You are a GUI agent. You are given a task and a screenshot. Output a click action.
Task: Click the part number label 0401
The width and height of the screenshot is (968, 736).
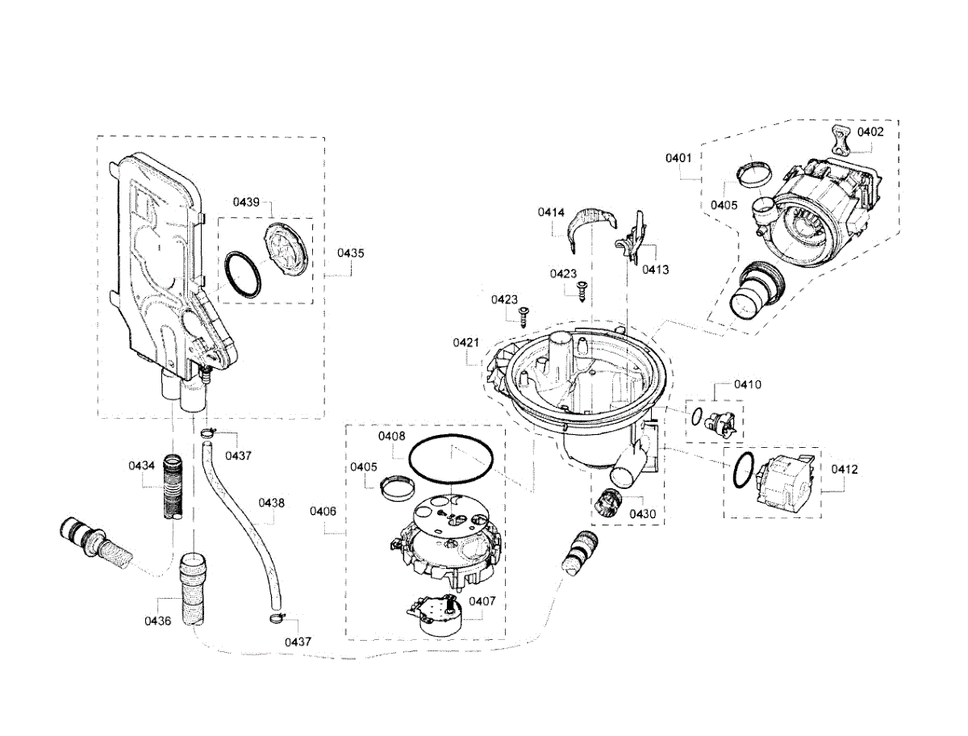pyautogui.click(x=678, y=159)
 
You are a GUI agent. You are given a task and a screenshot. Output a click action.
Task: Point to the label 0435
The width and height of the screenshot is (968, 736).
pyautogui.click(x=350, y=253)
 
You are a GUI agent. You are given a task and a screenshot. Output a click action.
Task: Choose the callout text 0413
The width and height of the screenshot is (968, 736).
pyautogui.click(x=655, y=270)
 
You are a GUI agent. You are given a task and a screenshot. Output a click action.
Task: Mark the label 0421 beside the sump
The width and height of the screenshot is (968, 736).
pyautogui.click(x=466, y=343)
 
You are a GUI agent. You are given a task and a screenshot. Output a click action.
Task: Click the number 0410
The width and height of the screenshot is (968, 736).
pyautogui.click(x=747, y=385)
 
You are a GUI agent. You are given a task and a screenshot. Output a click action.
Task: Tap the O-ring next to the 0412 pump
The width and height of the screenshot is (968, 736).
pyautogui.click(x=744, y=470)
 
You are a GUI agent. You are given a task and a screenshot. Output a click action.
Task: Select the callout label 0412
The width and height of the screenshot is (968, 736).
pyautogui.click(x=845, y=469)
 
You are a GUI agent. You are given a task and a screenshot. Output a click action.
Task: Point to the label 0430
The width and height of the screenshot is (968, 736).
pyautogui.click(x=643, y=513)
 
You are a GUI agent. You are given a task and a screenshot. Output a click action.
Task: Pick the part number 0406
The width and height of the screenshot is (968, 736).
pyautogui.click(x=323, y=511)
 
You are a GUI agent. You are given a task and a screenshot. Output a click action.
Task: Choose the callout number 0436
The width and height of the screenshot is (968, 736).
pyautogui.click(x=157, y=621)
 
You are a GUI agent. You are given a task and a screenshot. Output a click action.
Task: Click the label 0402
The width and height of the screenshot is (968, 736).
pyautogui.click(x=870, y=131)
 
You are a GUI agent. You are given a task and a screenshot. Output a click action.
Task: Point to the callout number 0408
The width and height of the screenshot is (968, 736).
pyautogui.click(x=391, y=436)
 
